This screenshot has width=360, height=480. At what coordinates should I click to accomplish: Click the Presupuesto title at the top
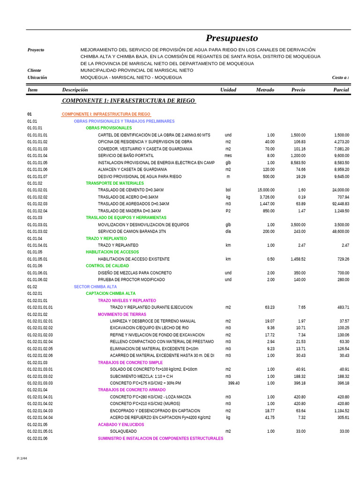[232, 38]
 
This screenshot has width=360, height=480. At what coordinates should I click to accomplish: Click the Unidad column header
[228, 90]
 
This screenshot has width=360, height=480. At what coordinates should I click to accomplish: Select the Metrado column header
[265, 90]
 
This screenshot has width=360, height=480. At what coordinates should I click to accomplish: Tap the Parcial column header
[341, 90]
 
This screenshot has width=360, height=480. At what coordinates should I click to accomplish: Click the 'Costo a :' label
[340, 77]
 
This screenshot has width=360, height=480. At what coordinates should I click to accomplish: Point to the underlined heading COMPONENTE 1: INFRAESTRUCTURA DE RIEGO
[129, 101]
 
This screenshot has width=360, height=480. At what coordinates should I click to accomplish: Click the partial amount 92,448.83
[337, 204]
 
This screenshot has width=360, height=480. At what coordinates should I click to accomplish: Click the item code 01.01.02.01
[37, 190]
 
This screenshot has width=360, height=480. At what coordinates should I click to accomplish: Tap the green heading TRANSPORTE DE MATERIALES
[115, 183]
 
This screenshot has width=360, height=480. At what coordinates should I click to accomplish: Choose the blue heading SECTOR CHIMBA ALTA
[95, 287]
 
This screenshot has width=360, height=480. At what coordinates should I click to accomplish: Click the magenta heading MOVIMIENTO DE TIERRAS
[122, 315]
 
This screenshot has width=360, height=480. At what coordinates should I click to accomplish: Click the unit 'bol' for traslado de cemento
[228, 190]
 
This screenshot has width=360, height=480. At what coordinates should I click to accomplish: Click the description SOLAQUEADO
[123, 432]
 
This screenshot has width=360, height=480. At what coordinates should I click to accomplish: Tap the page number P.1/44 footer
[22, 458]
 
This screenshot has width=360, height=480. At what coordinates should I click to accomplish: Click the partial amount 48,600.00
[337, 232]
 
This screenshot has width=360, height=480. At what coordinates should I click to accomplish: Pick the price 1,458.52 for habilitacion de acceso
[295, 259]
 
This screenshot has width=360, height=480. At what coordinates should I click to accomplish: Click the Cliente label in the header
[35, 70]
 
